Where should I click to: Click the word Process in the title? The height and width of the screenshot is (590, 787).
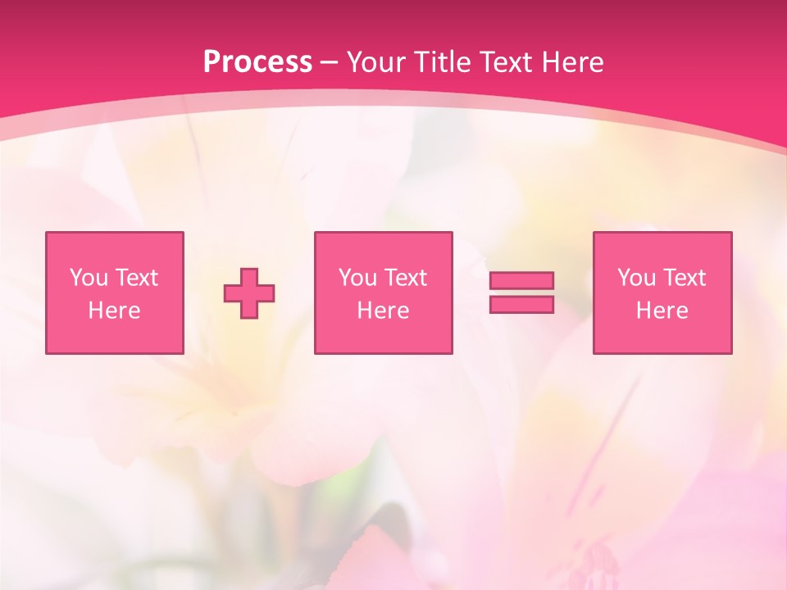[257, 62]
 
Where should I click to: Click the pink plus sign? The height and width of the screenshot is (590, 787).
[249, 293]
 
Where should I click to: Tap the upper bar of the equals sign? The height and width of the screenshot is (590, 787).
[521, 280]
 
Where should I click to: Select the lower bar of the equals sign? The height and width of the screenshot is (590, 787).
[521, 305]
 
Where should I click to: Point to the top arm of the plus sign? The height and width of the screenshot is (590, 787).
[249, 277]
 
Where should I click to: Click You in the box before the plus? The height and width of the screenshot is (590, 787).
[88, 278]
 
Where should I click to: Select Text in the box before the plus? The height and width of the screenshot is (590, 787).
[135, 278]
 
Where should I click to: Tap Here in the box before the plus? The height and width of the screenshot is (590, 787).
[114, 311]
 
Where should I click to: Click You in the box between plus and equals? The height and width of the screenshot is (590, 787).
[357, 278]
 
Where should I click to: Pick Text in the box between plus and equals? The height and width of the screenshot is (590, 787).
[405, 278]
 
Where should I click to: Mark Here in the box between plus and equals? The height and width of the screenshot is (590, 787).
[383, 311]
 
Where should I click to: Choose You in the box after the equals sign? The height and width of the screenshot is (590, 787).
[636, 278]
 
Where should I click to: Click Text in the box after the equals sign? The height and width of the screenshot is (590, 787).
[684, 278]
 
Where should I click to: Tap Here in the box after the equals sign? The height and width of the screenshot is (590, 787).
[662, 311]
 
